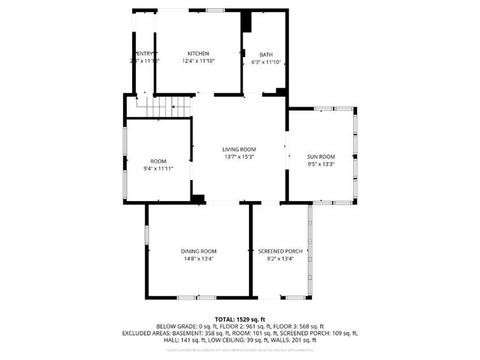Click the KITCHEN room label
pos(198,54)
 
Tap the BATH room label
pos(266,55)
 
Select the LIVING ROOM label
pos(239,150)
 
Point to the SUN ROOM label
pos(320,157)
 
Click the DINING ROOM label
pos(198,251)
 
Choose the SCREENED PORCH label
pos(280,251)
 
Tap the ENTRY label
pos(145,54)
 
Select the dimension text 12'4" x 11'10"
pos(198,61)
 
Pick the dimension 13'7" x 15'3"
pos(239,157)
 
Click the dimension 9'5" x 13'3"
pos(320,164)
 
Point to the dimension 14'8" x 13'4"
pos(198,259)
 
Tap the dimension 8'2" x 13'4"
pos(280,259)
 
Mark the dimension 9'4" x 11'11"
pos(158,169)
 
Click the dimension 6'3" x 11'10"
pos(266,62)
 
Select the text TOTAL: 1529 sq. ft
pos(240,319)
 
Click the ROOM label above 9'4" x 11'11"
pos(158,161)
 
